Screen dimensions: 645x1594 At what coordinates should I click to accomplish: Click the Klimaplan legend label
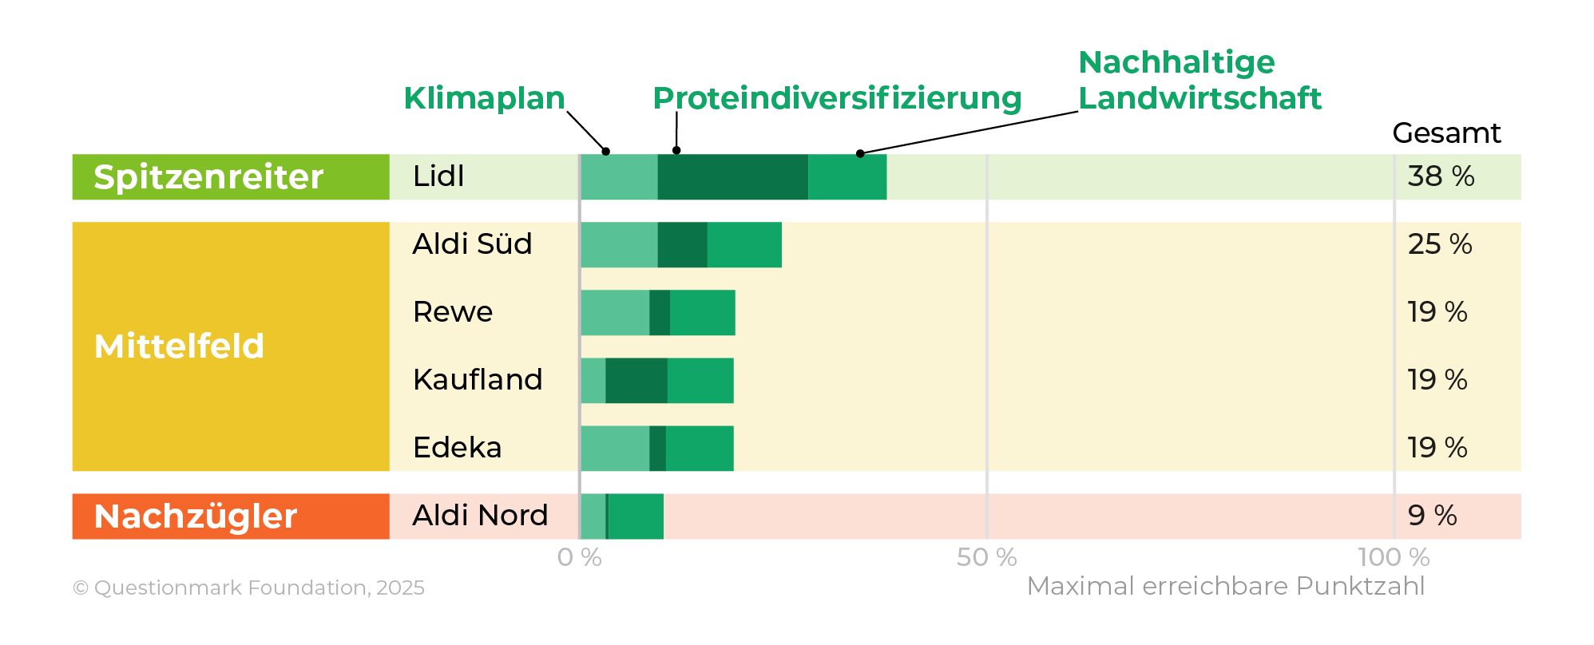click(x=484, y=98)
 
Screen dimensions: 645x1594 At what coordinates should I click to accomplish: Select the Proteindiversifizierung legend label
click(x=837, y=98)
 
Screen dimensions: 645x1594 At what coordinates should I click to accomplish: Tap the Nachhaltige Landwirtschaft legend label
click(x=1199, y=80)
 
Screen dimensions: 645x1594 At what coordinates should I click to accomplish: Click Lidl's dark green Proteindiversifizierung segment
click(x=732, y=176)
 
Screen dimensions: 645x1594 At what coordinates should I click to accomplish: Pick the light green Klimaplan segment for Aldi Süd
click(x=619, y=244)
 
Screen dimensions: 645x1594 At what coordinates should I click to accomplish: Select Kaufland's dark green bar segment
click(x=636, y=380)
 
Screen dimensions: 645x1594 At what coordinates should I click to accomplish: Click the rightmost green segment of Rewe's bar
click(x=702, y=312)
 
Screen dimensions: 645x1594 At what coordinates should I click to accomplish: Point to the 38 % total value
click(x=1441, y=176)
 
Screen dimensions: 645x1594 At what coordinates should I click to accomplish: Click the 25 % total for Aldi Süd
click(x=1439, y=244)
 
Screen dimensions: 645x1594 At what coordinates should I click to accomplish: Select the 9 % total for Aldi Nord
click(x=1432, y=516)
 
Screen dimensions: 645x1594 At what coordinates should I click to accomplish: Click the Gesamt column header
click(x=1446, y=133)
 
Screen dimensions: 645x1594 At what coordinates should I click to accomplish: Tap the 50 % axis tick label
click(x=986, y=557)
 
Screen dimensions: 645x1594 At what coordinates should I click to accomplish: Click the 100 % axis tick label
click(x=1394, y=557)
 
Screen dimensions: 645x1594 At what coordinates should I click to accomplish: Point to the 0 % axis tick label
click(x=579, y=557)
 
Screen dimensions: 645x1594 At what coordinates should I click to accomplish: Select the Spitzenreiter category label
click(x=208, y=176)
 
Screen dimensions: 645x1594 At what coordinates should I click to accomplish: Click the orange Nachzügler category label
click(x=196, y=516)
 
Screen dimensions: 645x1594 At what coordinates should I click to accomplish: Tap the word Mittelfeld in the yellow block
click(x=179, y=346)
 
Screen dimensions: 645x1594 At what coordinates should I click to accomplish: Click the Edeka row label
click(x=457, y=448)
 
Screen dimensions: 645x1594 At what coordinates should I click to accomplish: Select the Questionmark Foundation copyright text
click(x=248, y=588)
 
